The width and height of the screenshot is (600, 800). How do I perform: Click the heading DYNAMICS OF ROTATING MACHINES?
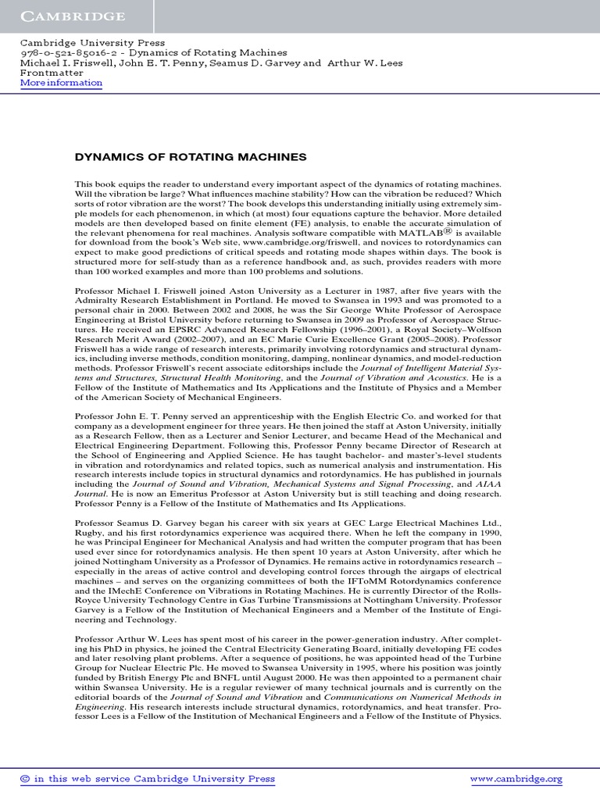click(x=190, y=157)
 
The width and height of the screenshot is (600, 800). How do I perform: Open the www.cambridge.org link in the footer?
click(x=516, y=779)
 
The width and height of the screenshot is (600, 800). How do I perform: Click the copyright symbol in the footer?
click(x=24, y=779)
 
